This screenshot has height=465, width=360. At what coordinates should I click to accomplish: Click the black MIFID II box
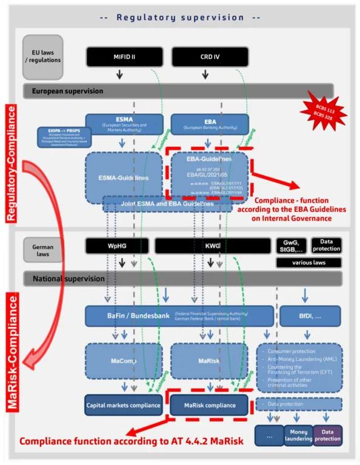point(124,57)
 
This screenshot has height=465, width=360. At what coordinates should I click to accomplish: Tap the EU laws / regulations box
point(44,57)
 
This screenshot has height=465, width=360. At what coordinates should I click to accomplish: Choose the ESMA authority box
point(124,124)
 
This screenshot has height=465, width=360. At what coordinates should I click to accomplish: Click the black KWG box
point(212,245)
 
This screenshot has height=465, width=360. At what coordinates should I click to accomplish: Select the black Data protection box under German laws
point(326,245)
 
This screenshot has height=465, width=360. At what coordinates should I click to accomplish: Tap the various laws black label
point(308,263)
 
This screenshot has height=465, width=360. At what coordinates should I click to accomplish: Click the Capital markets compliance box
point(124,404)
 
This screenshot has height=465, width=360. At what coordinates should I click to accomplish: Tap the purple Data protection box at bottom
point(327,435)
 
